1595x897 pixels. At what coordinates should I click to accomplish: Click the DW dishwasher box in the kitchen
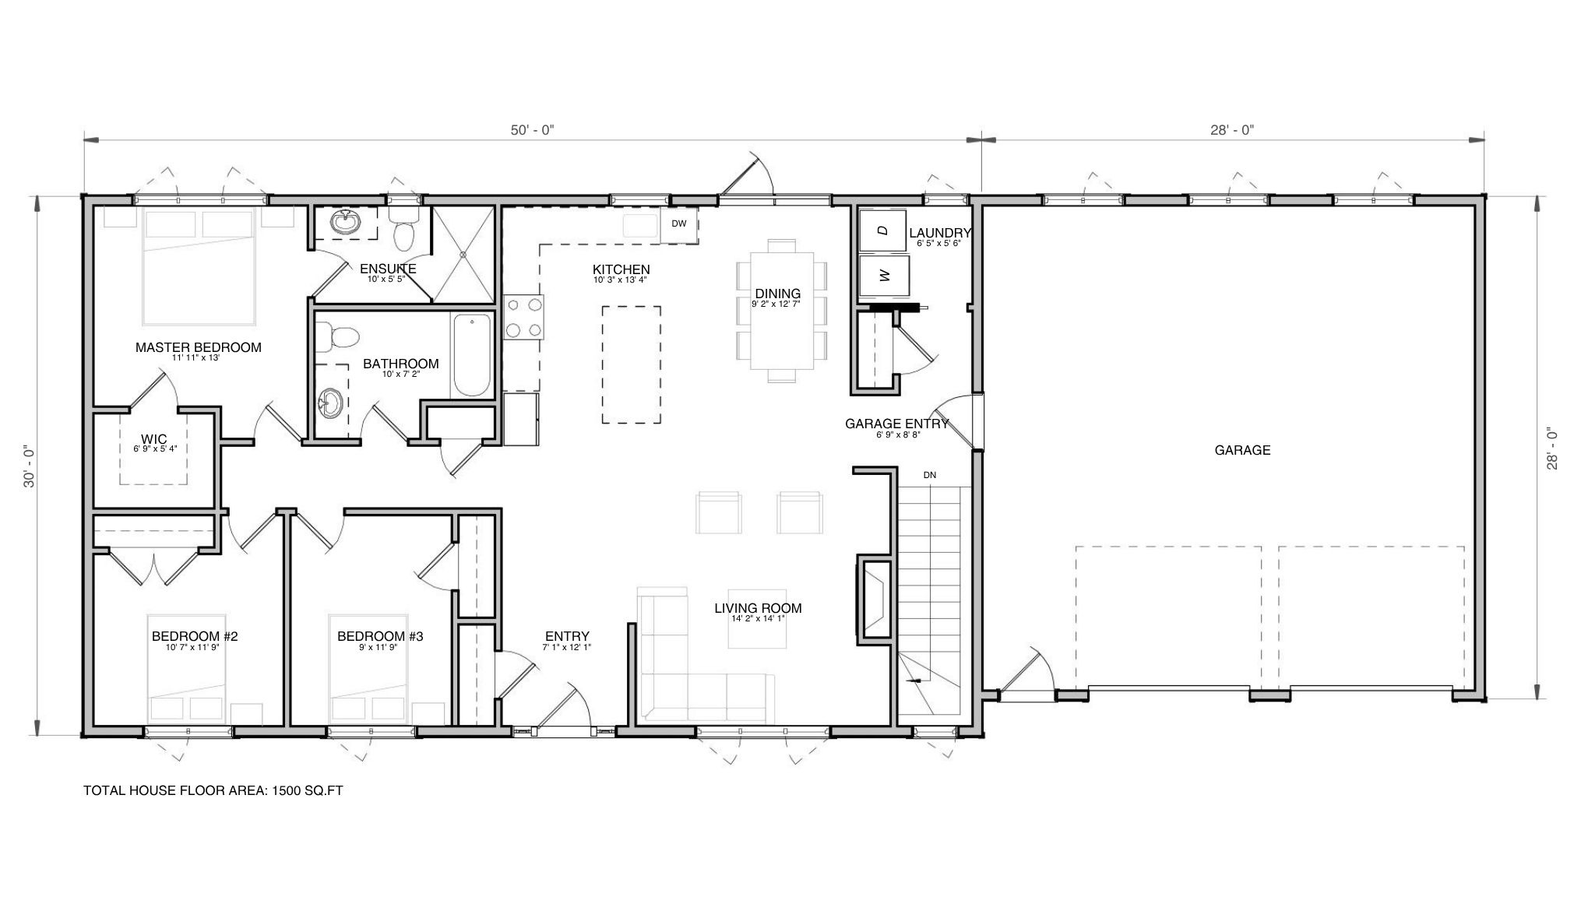coord(679,224)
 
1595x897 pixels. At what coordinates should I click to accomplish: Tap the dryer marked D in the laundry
coord(882,230)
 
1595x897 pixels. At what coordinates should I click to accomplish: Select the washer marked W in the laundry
coord(882,276)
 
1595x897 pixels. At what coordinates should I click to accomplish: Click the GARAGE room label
coord(1242,450)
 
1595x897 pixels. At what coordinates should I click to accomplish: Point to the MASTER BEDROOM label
coord(199,347)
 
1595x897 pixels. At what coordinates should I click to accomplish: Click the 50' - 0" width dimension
coord(532,130)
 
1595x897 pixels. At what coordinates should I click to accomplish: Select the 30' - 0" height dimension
coord(30,466)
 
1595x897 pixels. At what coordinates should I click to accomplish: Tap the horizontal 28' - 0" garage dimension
coord(1232,130)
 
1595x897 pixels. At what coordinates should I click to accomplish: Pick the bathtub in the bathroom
coord(472,355)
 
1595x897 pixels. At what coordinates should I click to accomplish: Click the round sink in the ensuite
coord(346,223)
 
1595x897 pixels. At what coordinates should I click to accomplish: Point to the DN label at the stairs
coord(930,475)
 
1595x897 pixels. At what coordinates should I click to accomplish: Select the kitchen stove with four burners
coord(523,317)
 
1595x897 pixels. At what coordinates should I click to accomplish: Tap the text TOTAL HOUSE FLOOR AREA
coord(175,791)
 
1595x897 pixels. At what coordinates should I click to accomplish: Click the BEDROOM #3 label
coord(380,636)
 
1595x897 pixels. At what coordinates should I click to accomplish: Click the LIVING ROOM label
coord(758,608)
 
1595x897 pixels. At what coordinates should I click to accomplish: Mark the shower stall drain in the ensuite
coord(463,253)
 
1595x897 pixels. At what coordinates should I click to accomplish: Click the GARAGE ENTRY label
coord(897,424)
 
